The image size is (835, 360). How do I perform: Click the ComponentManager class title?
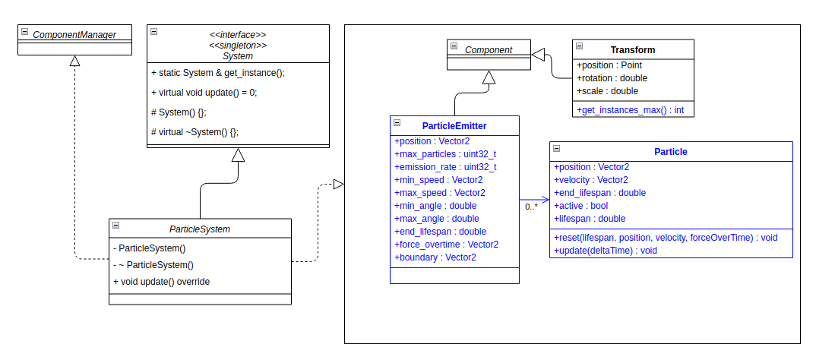pyautogui.click(x=74, y=34)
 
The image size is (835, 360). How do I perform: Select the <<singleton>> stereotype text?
pyautogui.click(x=238, y=46)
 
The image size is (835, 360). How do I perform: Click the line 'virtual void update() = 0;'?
pyautogui.click(x=204, y=93)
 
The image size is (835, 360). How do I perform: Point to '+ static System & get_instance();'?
pyautogui.click(x=217, y=73)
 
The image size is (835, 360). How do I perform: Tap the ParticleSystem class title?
pyautogui.click(x=200, y=229)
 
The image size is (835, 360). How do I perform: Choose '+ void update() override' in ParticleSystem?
pyautogui.click(x=161, y=281)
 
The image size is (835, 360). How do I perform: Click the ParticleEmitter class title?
pyautogui.click(x=454, y=125)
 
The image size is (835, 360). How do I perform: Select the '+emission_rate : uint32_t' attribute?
pyautogui.click(x=444, y=167)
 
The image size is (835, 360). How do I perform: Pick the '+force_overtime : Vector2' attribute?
pyautogui.click(x=446, y=245)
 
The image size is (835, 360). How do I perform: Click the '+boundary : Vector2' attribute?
pyautogui.click(x=435, y=257)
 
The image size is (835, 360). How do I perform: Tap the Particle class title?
pyautogui.click(x=670, y=152)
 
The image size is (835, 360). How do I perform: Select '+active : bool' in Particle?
pyautogui.click(x=580, y=206)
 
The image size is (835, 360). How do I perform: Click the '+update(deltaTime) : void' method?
pyautogui.click(x=605, y=250)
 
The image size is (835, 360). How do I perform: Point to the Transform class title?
pyautogui.click(x=632, y=50)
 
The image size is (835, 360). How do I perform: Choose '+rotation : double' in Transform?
pyautogui.click(x=612, y=78)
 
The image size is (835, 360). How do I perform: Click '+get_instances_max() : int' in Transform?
pyautogui.click(x=630, y=110)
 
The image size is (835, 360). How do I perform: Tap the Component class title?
pyautogui.click(x=489, y=50)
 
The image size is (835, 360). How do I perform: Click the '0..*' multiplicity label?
pyautogui.click(x=531, y=207)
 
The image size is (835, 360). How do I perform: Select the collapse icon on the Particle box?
pyautogui.click(x=556, y=149)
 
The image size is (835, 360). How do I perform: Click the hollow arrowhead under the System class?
pyautogui.click(x=238, y=155)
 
